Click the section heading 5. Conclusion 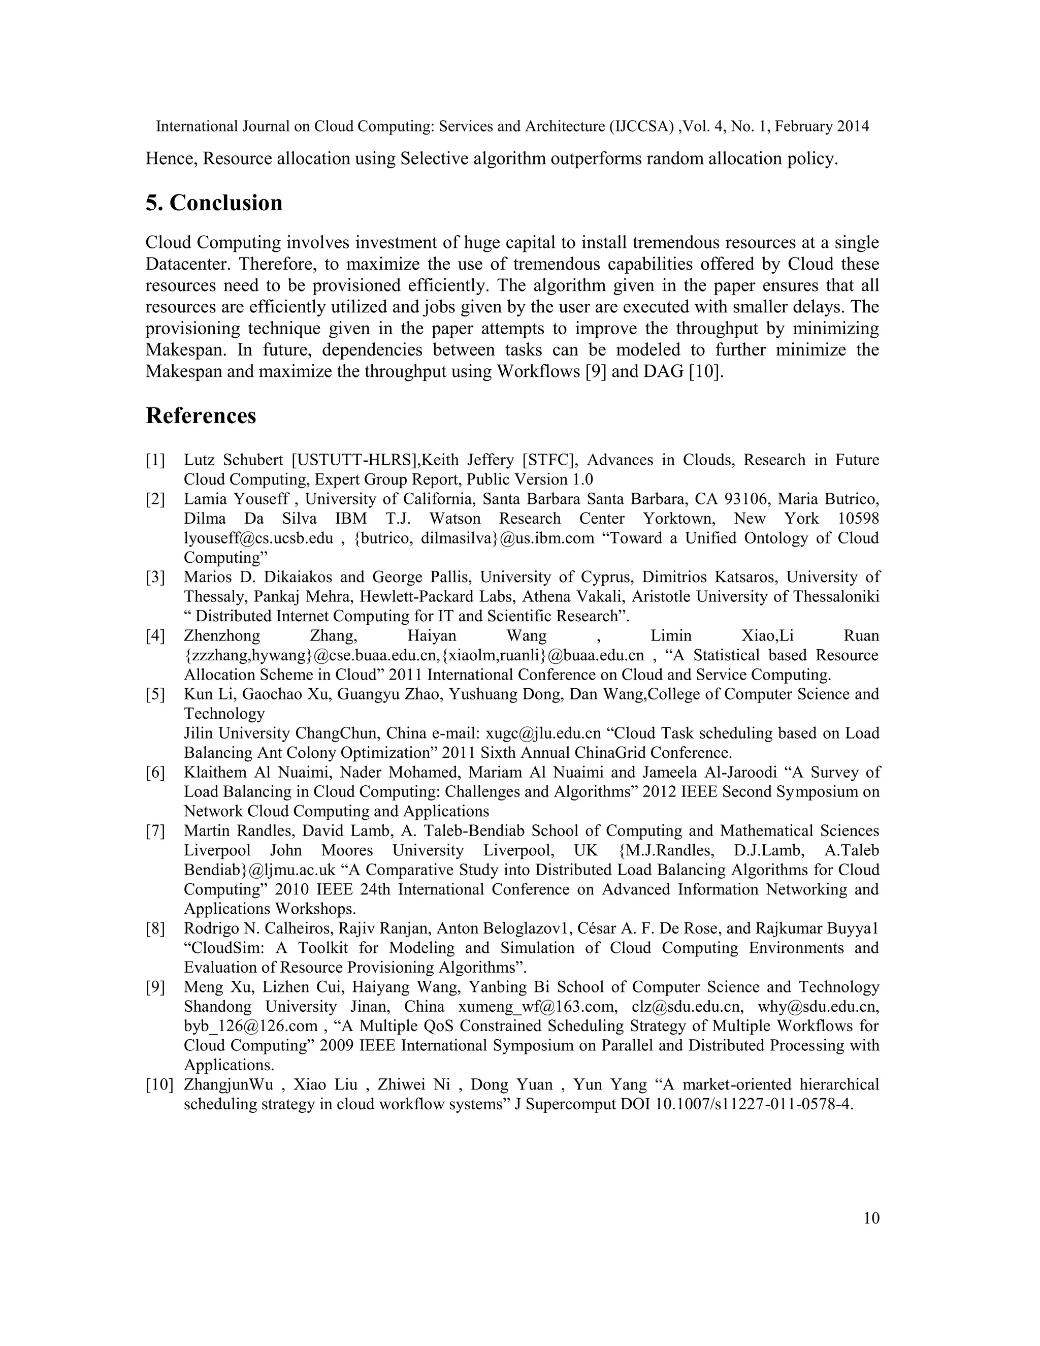[214, 203]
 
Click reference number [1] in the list [155, 460]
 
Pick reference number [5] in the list [155, 694]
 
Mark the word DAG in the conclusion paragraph [658, 372]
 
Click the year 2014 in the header [853, 126]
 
